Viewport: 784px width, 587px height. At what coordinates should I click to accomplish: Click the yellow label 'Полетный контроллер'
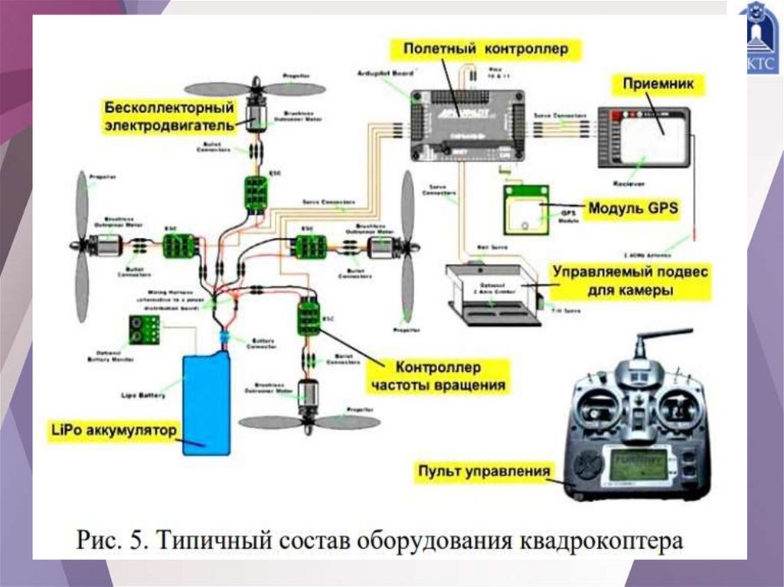[x=486, y=51]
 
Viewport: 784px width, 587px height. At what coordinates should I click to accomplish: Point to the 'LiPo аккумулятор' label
[x=114, y=429]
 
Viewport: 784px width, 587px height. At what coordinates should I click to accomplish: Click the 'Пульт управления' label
[x=484, y=471]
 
